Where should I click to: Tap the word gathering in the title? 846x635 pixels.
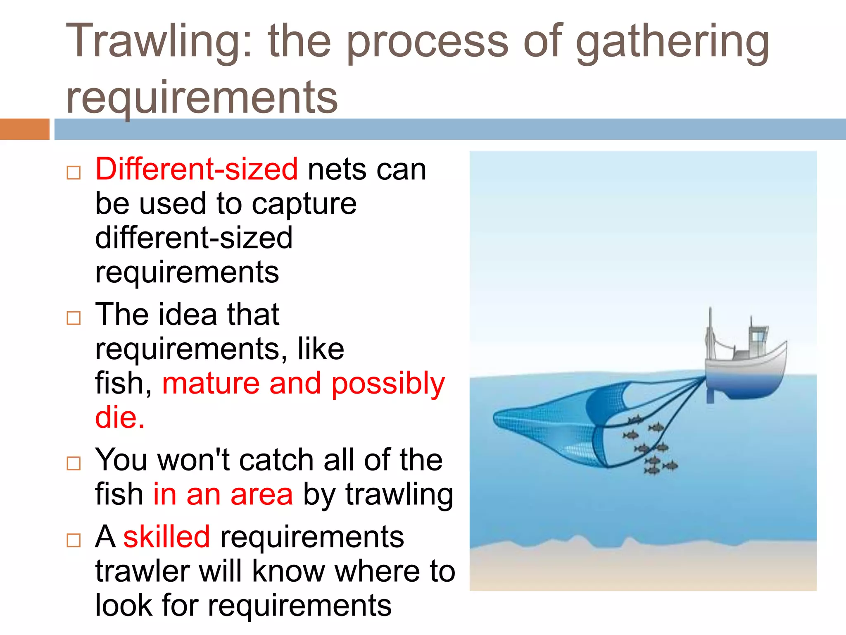tap(672, 43)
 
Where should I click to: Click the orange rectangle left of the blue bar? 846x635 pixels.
tap(24, 129)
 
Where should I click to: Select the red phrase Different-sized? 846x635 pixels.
tap(196, 169)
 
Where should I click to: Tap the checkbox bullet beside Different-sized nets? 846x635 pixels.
tap(74, 172)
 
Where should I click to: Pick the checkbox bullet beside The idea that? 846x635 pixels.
tap(74, 318)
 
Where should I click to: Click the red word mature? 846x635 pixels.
tap(211, 383)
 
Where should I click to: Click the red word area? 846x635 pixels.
tap(261, 494)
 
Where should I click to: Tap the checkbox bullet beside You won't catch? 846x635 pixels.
tap(74, 463)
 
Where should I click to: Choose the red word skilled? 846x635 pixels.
tap(166, 537)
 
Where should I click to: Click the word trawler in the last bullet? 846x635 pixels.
tap(143, 571)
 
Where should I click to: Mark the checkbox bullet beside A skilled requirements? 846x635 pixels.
tap(74, 540)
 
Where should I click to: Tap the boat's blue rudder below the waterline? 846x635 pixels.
tap(711, 394)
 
